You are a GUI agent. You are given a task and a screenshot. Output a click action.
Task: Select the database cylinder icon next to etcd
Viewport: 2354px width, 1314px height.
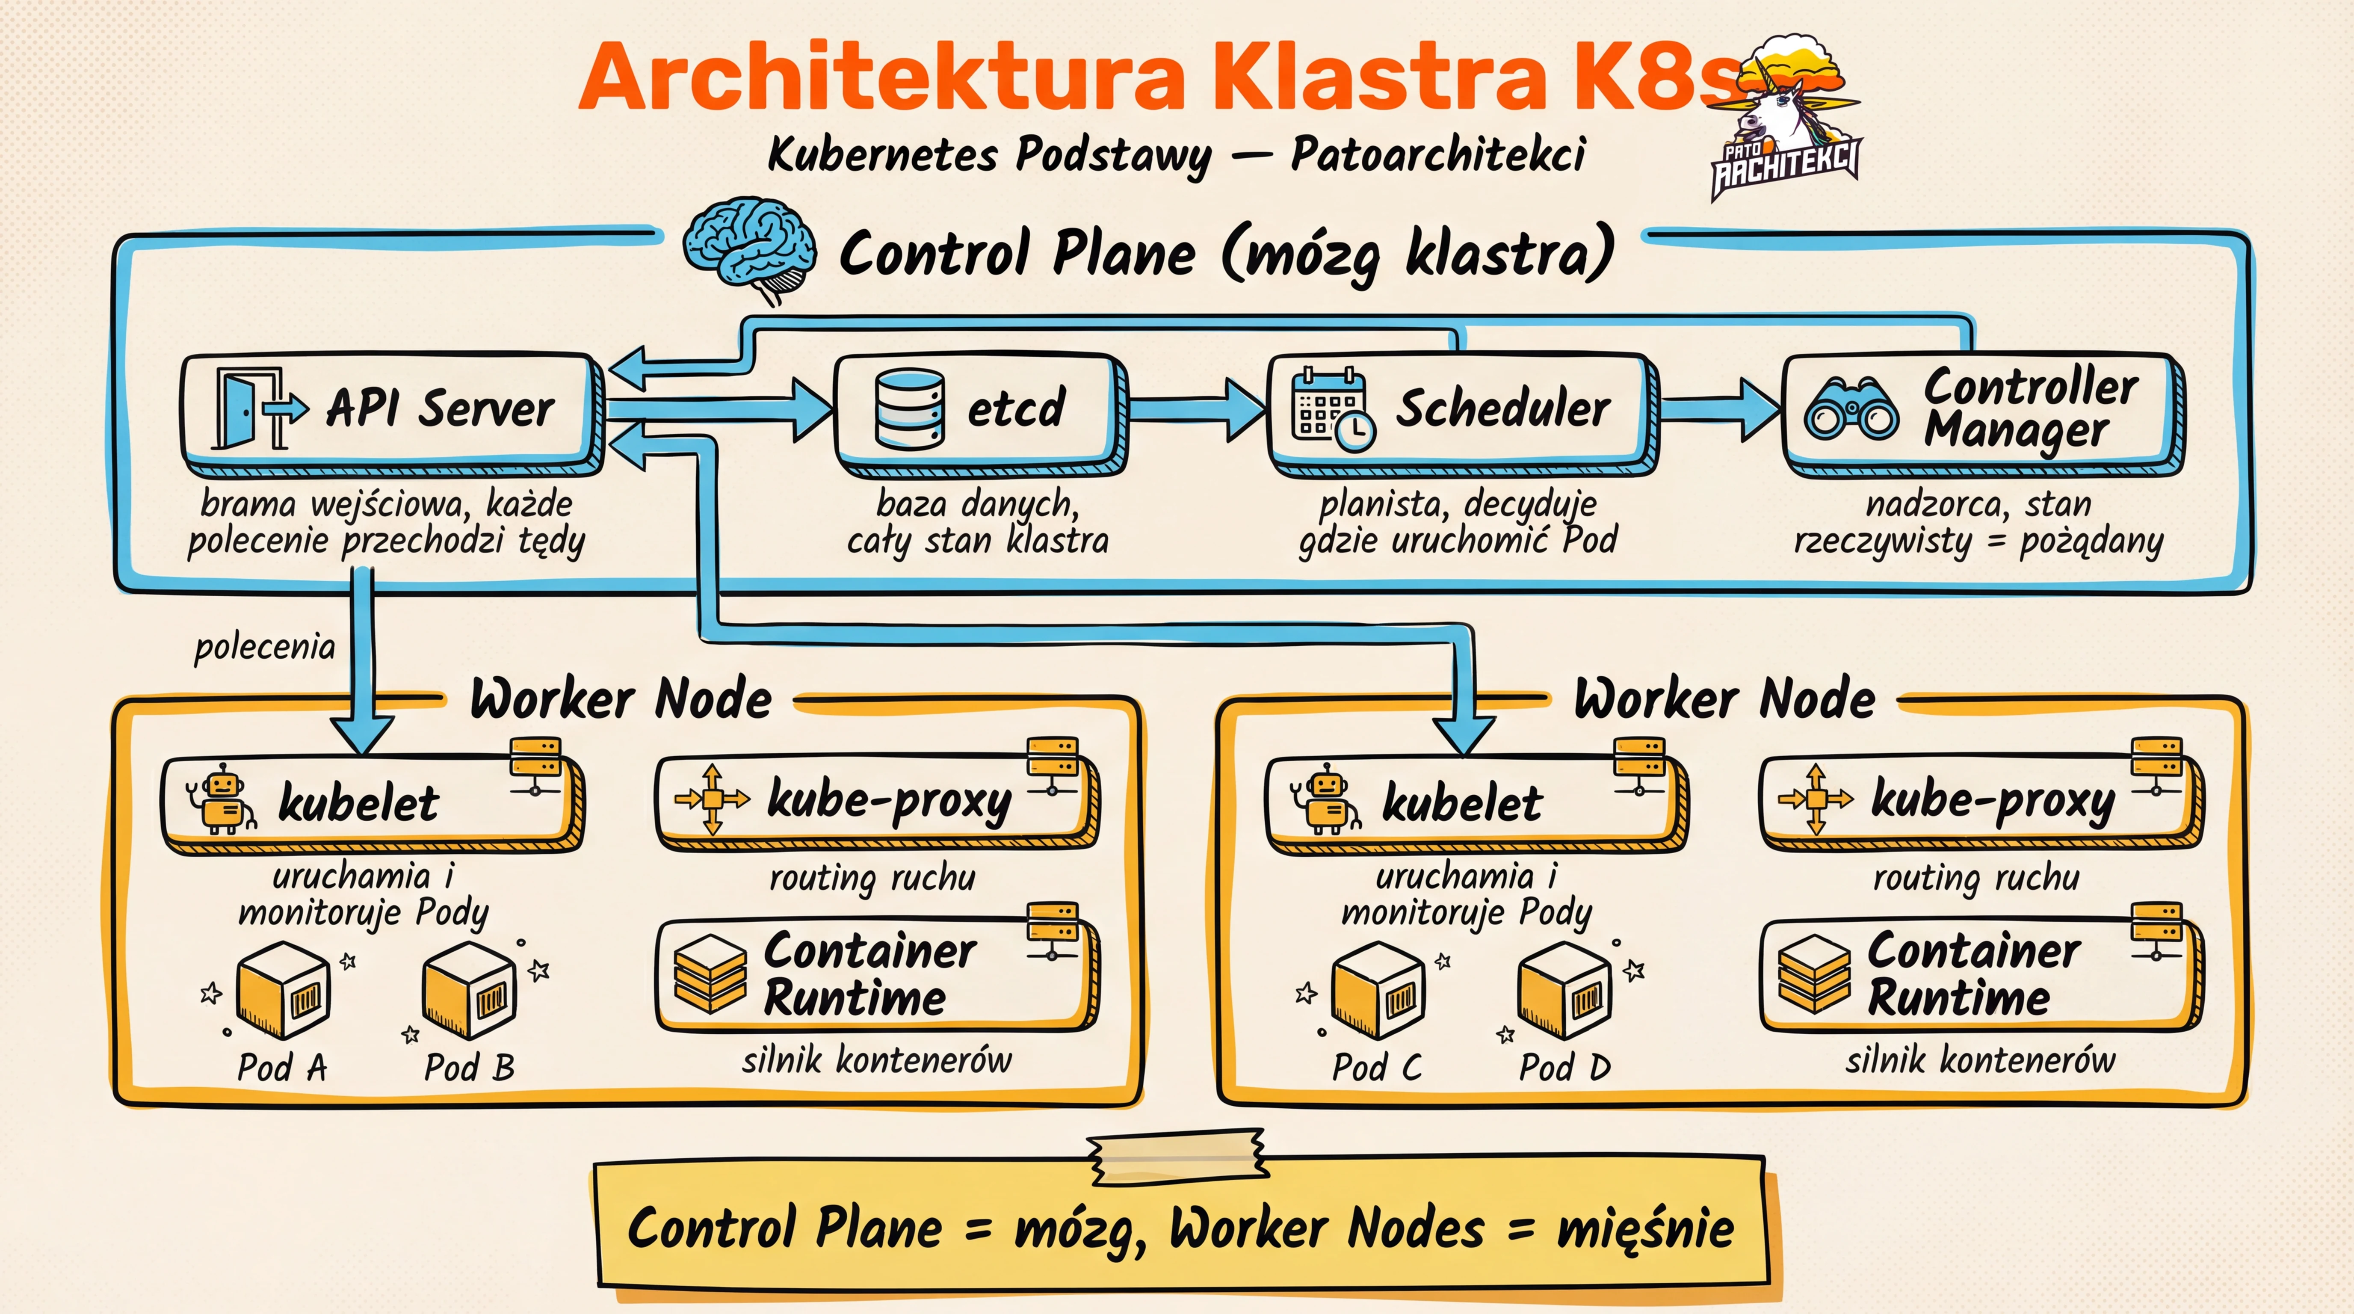909,408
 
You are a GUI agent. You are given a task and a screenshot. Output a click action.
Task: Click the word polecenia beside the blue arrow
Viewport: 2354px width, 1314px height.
265,647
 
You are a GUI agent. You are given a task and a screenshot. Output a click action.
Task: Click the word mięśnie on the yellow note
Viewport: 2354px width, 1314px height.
1645,1227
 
